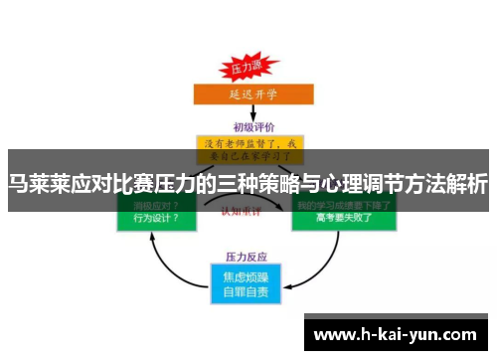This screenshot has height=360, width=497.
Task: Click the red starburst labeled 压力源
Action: (248, 69)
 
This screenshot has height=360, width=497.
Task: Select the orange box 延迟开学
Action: (247, 96)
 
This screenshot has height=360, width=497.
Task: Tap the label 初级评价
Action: (248, 126)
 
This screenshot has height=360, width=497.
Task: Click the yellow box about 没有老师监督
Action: (248, 149)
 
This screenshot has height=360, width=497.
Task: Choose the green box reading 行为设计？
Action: (156, 214)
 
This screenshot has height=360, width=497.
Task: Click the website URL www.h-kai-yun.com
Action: (397, 333)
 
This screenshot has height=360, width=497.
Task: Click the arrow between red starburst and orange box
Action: (247, 83)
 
